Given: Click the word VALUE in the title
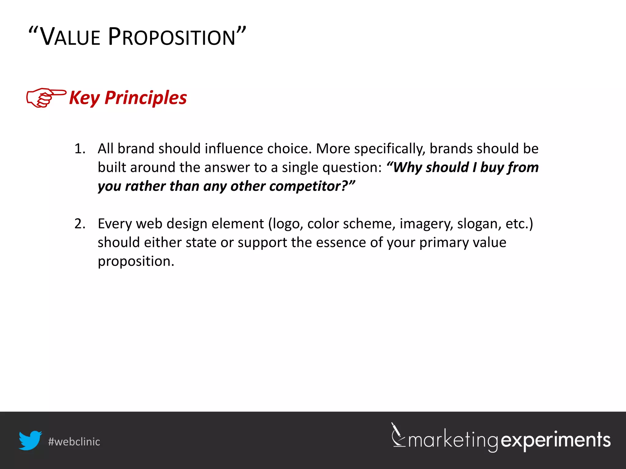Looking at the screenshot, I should [70, 37].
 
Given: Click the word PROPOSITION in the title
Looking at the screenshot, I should [172, 37].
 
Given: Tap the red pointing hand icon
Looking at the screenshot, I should [46, 98].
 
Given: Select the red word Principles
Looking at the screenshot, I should [145, 98].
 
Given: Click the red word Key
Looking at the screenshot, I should [84, 98].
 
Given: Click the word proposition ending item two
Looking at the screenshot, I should [136, 262].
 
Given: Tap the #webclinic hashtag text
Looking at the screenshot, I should [74, 442].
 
